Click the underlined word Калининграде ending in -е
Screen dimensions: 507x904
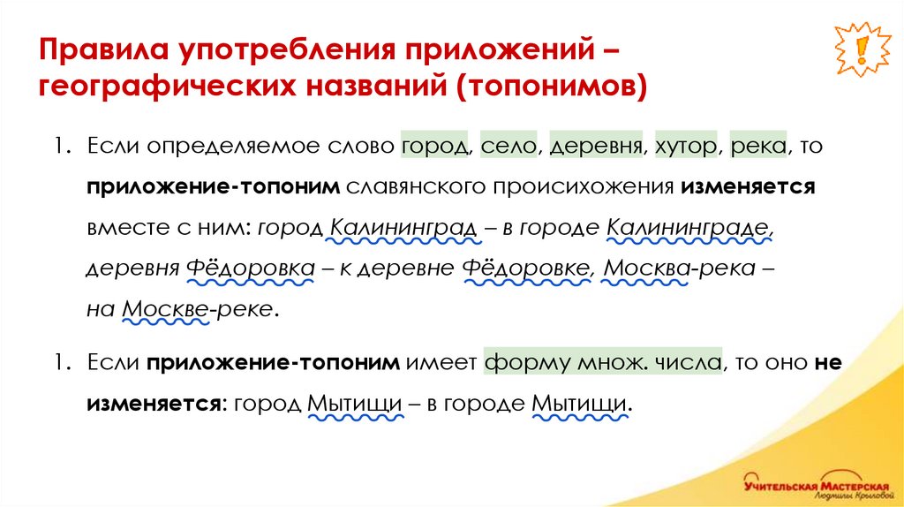point(689,228)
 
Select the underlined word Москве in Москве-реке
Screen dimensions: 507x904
point(164,309)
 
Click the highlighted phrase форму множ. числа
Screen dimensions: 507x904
point(605,362)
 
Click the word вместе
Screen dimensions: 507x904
point(124,228)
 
